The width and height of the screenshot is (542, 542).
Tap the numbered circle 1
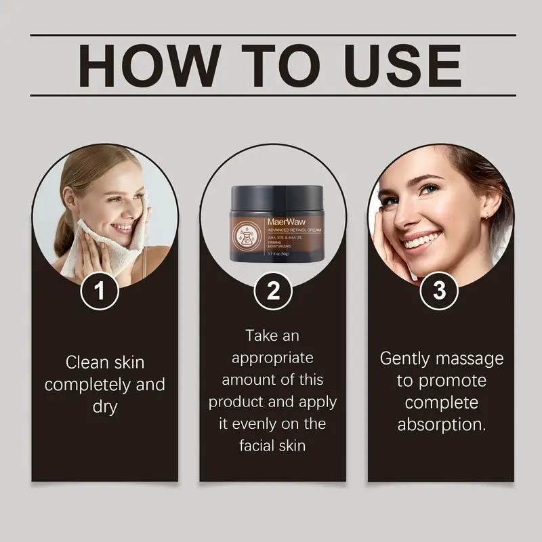point(100,292)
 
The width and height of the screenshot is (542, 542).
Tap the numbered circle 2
point(273,292)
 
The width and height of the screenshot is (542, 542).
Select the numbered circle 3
point(440,292)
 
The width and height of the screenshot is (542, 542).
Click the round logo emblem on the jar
point(245,238)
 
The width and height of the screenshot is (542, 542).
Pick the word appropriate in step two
point(272,357)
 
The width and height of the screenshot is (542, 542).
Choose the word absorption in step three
point(441,425)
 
